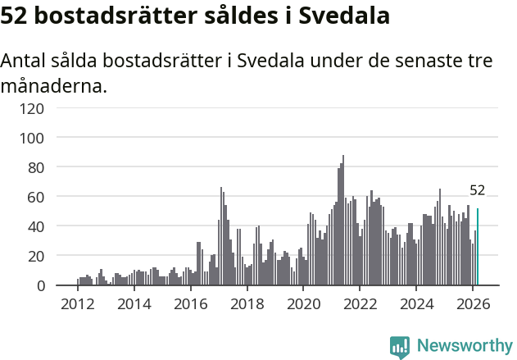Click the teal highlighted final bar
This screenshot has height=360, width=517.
(478, 247)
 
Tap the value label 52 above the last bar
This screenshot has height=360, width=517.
(478, 190)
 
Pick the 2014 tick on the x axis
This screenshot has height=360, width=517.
(134, 303)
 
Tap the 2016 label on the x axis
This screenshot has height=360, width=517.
(191, 303)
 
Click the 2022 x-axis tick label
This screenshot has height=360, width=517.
(360, 303)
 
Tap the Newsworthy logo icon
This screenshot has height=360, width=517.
(400, 347)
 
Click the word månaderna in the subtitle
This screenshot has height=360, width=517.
(54, 85)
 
